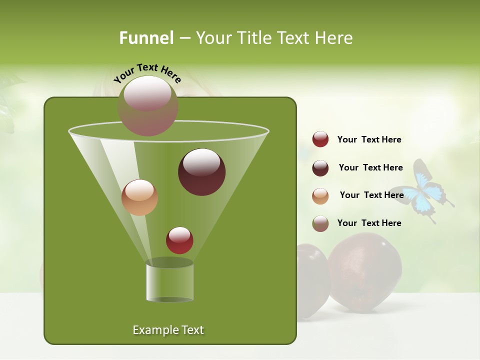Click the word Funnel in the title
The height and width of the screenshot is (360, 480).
[x=146, y=38]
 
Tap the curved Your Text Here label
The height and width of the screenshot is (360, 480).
[x=147, y=73]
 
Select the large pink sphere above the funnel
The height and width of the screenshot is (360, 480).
[x=147, y=105]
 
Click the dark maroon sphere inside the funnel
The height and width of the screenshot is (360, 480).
[x=201, y=171]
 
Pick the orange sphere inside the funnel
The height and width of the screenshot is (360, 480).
[x=139, y=197]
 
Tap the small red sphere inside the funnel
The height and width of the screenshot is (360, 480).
[x=179, y=240]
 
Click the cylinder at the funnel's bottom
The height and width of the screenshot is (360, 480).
[x=169, y=281]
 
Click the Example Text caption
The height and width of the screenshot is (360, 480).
[x=168, y=330]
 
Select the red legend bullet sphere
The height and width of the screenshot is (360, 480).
[x=320, y=139]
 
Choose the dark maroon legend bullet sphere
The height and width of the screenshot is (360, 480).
[x=320, y=168]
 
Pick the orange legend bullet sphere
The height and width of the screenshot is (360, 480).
[x=320, y=196]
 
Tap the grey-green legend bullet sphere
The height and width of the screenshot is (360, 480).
[x=320, y=223]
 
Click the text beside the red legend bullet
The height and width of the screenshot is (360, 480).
[x=369, y=139]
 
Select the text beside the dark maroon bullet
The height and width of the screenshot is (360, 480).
[x=370, y=167]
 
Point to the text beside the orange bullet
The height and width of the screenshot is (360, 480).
[x=371, y=195]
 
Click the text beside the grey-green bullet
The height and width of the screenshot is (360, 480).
[x=369, y=223]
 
